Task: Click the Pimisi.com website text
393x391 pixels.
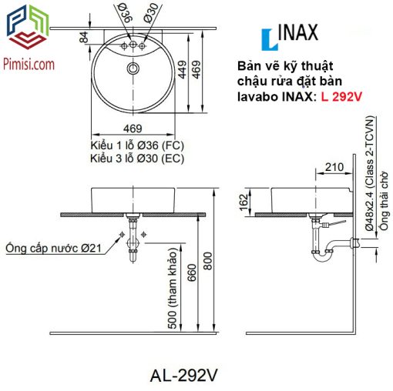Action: pos(29,64)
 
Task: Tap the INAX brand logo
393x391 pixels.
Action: pos(290,36)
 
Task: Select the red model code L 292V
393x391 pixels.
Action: pos(341,97)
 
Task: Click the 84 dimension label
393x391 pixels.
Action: pos(84,37)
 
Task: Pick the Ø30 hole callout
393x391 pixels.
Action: pos(151,13)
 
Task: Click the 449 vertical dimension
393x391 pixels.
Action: pos(183,69)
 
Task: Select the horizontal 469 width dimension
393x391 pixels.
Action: pos(133,129)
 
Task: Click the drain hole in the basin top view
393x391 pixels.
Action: pos(133,69)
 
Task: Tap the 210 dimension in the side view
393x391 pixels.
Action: pos(334,167)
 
